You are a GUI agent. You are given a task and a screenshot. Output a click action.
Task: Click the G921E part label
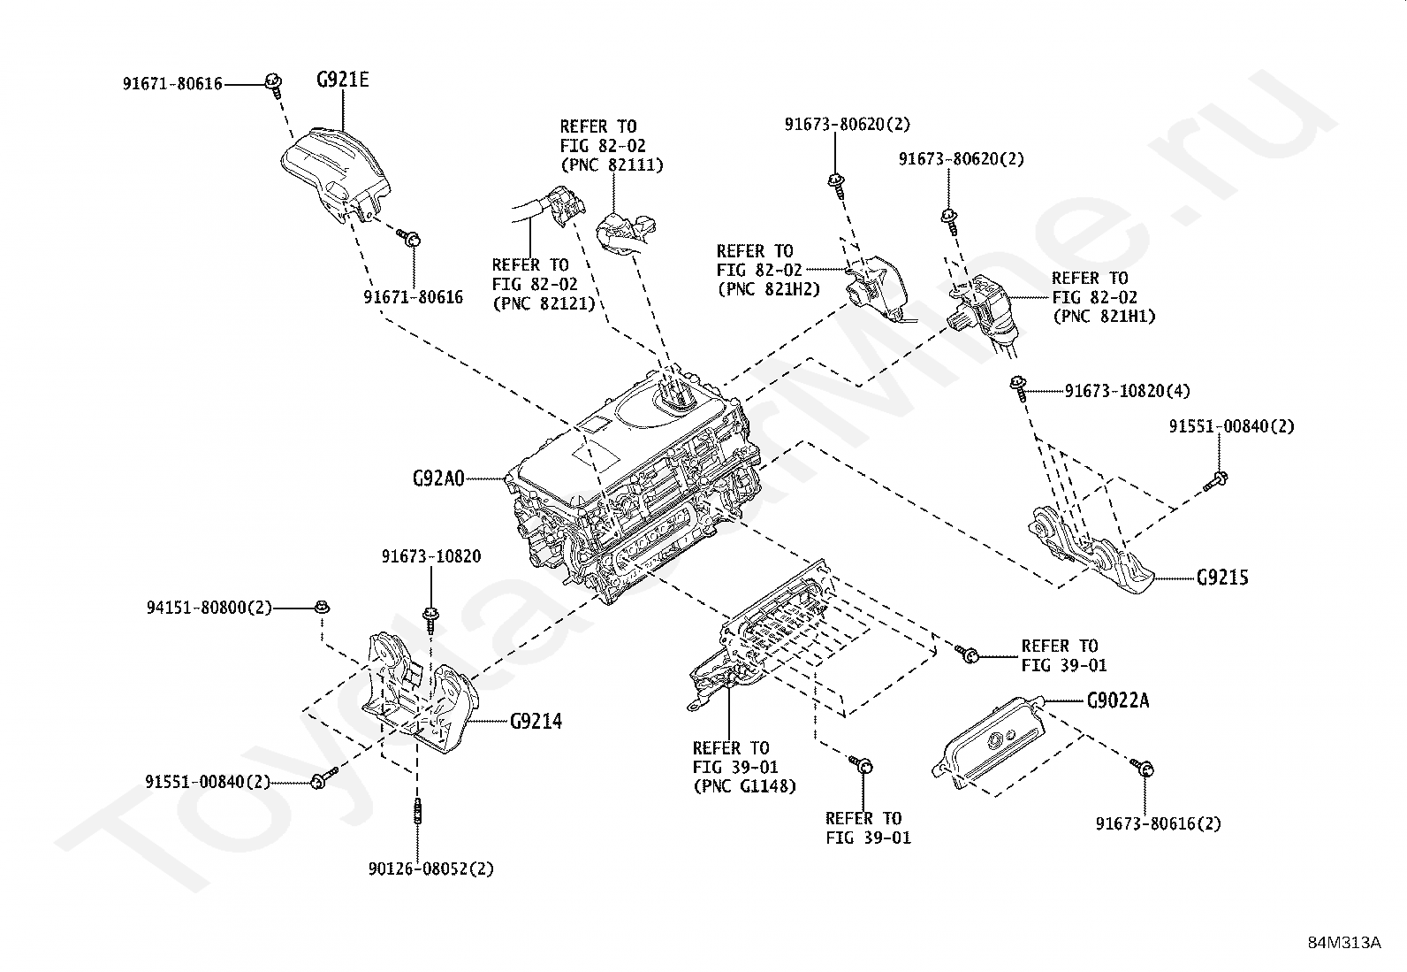pyautogui.click(x=342, y=80)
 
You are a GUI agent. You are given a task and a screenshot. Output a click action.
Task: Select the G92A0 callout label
pyautogui.click(x=437, y=478)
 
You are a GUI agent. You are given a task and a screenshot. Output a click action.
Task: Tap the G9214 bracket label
pyautogui.click(x=536, y=722)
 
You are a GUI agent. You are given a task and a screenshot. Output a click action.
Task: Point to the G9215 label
pyautogui.click(x=1222, y=578)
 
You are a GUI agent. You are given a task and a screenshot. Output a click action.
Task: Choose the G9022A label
pyautogui.click(x=1118, y=701)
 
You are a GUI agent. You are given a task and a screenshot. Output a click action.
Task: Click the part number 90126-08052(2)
pyautogui.click(x=431, y=869)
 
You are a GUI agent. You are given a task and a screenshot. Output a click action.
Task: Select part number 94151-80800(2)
pyautogui.click(x=209, y=608)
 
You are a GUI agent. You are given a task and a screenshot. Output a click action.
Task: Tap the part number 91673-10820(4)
pyautogui.click(x=1127, y=391)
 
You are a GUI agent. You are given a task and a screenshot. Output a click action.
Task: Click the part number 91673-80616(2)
pyautogui.click(x=1158, y=823)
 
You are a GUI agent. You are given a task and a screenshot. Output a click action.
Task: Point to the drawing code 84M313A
pyautogui.click(x=1344, y=942)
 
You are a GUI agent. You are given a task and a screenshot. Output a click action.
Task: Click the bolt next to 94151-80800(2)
pyautogui.click(x=321, y=608)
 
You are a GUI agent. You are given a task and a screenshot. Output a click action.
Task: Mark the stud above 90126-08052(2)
pyautogui.click(x=416, y=813)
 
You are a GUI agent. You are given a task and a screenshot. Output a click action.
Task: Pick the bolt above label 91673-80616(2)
pyautogui.click(x=1141, y=766)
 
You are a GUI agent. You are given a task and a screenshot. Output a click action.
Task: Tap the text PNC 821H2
pyautogui.click(x=768, y=288)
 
